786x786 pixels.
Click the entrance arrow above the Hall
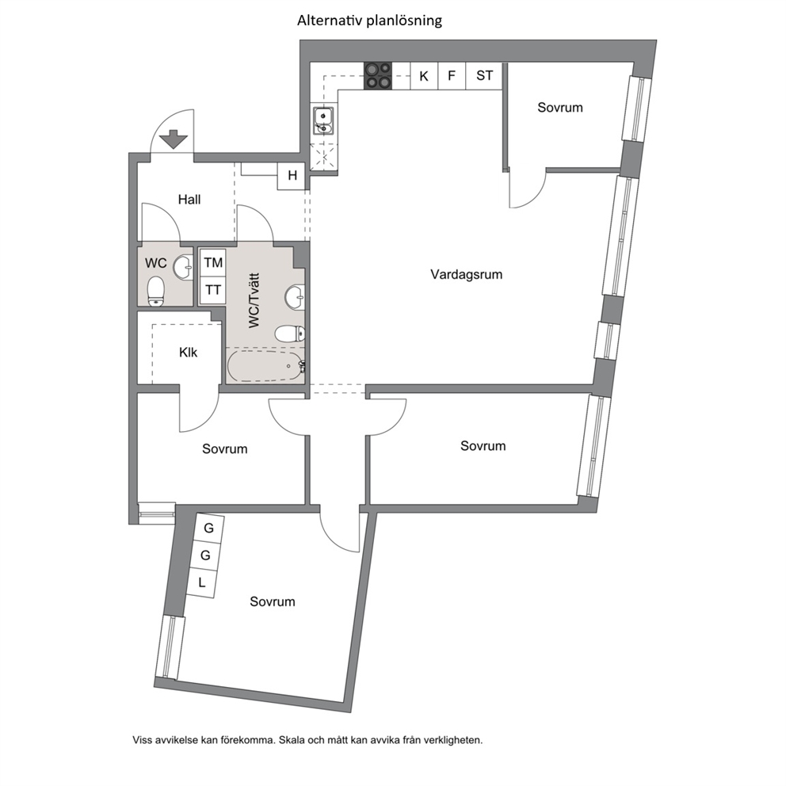173,139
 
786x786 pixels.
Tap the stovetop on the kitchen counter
378,76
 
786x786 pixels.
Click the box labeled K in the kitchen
424,76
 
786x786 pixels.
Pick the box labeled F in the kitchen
452,76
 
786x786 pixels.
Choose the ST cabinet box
484,76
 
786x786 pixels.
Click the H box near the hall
292,175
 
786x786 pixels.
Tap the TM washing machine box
213,263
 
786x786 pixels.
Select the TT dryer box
213,290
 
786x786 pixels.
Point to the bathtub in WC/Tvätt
265,365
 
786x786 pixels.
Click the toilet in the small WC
156,292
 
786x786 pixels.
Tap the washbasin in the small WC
184,268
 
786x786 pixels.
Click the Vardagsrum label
466,274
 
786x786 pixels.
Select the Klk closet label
188,353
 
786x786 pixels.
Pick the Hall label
189,200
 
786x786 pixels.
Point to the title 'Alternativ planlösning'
369,21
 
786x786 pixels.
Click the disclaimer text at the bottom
307,740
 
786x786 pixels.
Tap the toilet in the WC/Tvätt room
290,334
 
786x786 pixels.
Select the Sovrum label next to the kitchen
560,107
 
